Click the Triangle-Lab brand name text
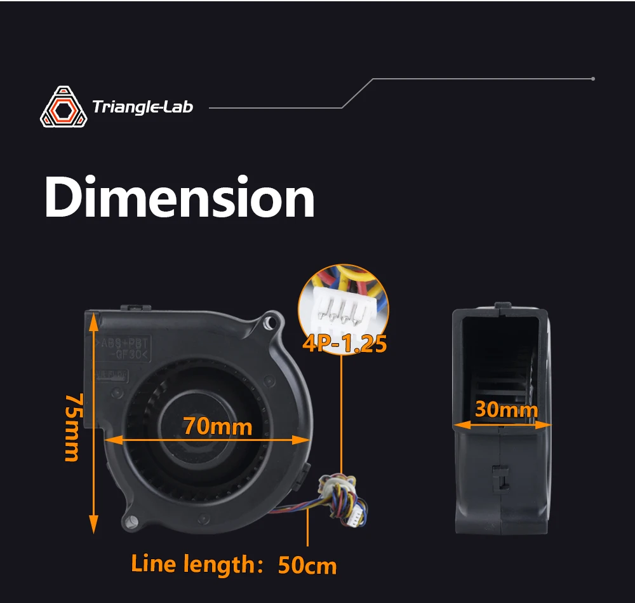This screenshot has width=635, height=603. [x=142, y=107]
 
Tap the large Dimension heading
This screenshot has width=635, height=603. [x=180, y=198]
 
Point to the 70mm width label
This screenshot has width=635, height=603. [x=218, y=426]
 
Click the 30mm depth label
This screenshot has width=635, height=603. [x=505, y=410]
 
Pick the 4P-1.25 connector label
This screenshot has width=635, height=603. [x=344, y=344]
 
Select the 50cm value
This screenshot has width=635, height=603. [x=307, y=566]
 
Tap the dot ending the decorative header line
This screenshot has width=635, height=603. [x=592, y=79]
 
